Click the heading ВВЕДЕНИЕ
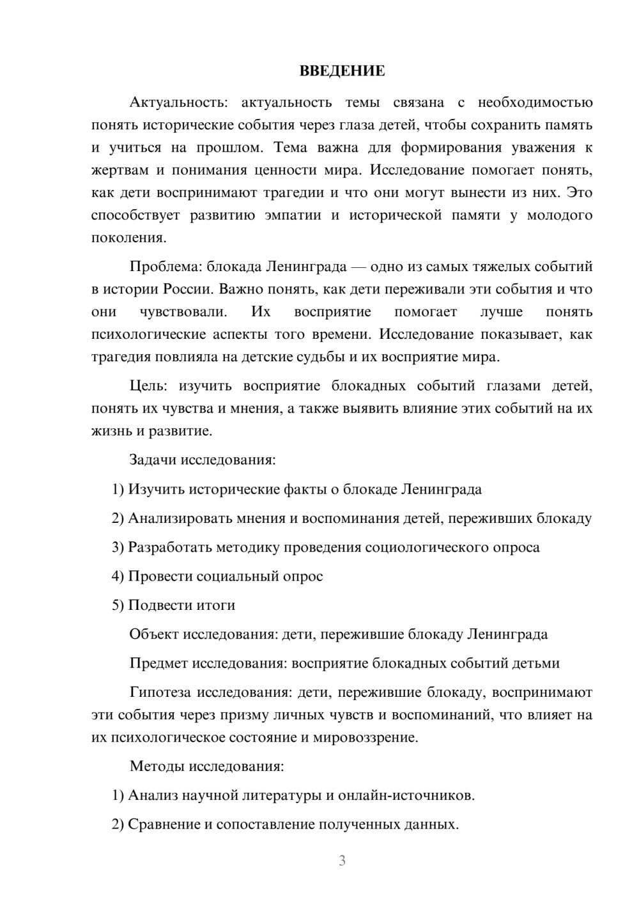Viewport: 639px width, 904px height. [x=342, y=71]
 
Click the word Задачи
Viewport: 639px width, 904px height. [x=153, y=460]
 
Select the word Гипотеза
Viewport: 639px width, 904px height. [x=160, y=692]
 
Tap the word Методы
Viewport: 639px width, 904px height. [x=157, y=766]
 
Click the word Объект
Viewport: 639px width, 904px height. [x=154, y=634]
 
